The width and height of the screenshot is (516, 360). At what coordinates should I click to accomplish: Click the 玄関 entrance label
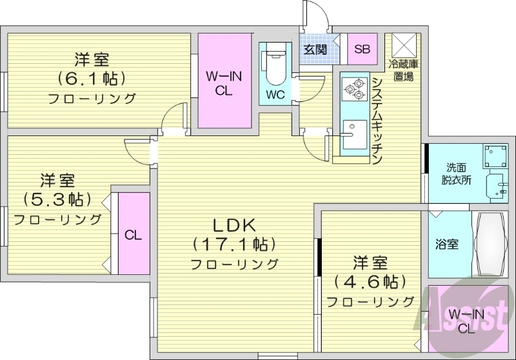coord(315,49)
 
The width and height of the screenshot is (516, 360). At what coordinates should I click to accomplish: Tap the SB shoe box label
coord(362,49)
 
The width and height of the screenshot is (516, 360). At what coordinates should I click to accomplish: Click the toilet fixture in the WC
coord(275,65)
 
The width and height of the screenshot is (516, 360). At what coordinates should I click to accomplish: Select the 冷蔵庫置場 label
coord(404,70)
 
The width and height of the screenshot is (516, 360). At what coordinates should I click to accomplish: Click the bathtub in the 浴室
coord(490,244)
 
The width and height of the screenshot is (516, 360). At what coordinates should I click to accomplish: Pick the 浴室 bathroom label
coord(447,245)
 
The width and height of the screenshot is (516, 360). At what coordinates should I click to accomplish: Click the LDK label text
coord(235,225)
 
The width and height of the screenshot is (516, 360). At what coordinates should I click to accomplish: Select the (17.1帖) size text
coord(235,245)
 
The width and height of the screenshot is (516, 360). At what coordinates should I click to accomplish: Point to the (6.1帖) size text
coord(92,79)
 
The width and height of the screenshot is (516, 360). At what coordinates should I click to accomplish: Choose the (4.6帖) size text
coord(370,282)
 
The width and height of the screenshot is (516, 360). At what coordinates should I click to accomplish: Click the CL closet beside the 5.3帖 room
coord(134,235)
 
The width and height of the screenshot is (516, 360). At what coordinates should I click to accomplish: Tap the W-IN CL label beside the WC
coord(224,83)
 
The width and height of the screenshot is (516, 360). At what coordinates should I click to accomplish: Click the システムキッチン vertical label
coord(377,120)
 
